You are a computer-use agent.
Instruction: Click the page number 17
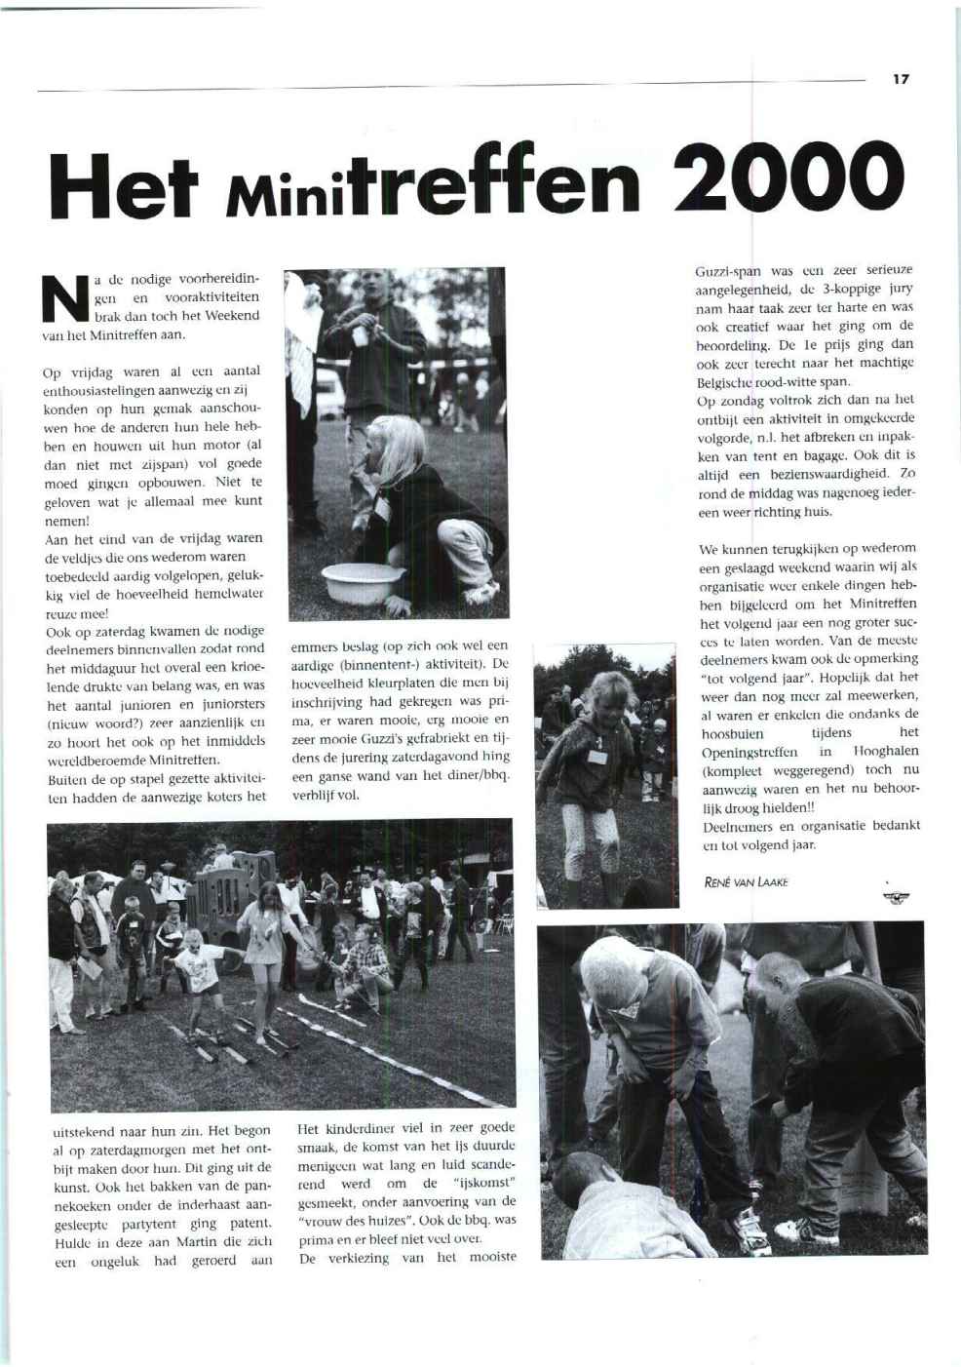[900, 79]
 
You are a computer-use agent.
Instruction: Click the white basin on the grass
[361, 582]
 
